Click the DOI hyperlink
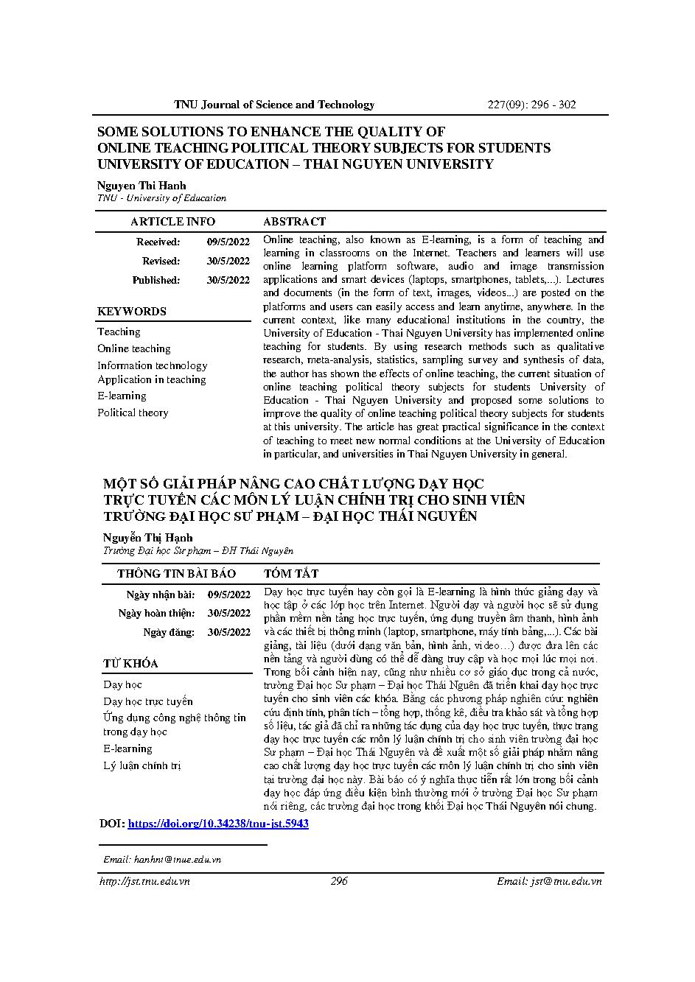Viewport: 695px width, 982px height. click(x=218, y=824)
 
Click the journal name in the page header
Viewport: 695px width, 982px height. click(x=274, y=105)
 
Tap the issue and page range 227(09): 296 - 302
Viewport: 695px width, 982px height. click(x=532, y=105)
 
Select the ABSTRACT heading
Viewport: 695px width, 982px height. click(x=294, y=222)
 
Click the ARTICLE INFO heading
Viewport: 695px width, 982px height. click(x=172, y=222)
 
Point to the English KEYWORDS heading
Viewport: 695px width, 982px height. click(x=132, y=312)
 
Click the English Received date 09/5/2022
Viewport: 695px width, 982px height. click(x=228, y=242)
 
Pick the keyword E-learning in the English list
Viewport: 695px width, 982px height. click(x=122, y=396)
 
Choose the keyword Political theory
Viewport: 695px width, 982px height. click(x=133, y=413)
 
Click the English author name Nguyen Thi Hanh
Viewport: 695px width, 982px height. click(x=142, y=186)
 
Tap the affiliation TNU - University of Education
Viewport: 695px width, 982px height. click(x=162, y=198)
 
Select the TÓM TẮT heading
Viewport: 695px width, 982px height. click(x=291, y=574)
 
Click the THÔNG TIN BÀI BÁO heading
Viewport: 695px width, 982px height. click(x=176, y=574)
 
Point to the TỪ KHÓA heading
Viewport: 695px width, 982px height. click(x=130, y=664)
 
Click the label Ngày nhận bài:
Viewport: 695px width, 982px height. click(x=161, y=595)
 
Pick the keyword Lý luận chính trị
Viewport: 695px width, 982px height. click(x=142, y=766)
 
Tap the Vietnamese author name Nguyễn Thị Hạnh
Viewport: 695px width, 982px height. click(x=147, y=538)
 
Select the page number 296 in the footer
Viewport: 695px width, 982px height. click(x=339, y=881)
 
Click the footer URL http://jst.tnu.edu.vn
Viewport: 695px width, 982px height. click(x=144, y=881)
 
